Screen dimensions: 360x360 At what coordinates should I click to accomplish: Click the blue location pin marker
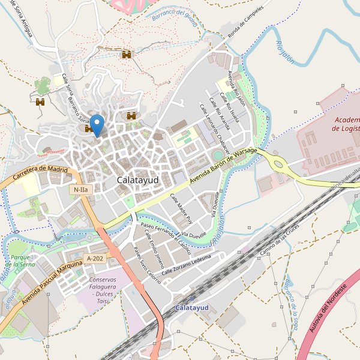[96, 125]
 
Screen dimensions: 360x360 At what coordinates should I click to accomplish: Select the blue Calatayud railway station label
[192, 307]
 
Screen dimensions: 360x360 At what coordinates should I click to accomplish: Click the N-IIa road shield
[80, 190]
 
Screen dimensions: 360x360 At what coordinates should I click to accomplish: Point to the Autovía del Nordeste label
[327, 313]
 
